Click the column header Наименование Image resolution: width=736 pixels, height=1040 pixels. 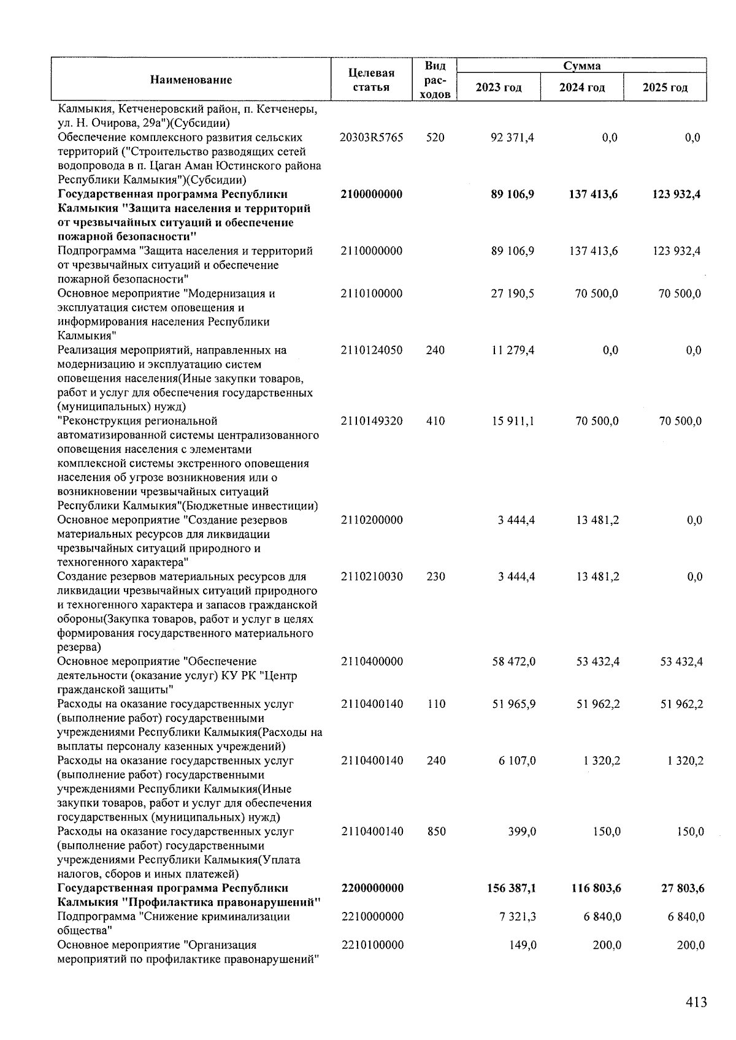191,80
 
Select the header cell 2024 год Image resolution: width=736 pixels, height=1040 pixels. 581,88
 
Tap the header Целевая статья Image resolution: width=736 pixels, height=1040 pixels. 371,80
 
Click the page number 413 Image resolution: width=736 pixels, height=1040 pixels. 696,1003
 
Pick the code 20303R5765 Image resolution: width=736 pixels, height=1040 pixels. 372,138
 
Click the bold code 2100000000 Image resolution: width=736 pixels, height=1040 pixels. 372,194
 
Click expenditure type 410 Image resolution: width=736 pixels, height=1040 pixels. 435,422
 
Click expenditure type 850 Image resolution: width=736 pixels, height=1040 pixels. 435,832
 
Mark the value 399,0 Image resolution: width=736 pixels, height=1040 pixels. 521,832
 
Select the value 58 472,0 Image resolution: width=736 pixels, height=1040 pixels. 513,662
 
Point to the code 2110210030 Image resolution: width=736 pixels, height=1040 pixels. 372,577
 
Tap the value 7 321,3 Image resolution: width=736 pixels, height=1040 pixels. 517,917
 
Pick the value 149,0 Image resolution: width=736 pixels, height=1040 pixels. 522,945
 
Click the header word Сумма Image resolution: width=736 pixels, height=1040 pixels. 581,66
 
